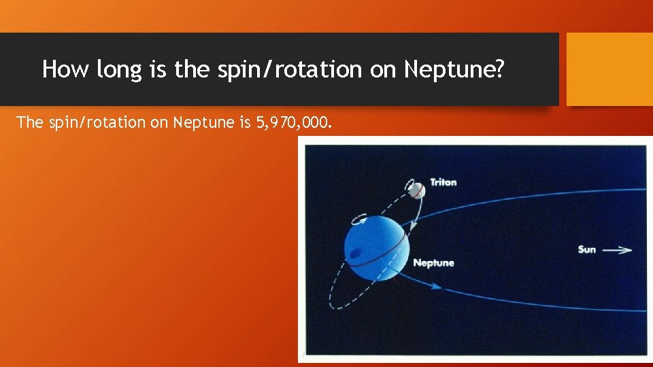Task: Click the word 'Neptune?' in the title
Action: (454, 69)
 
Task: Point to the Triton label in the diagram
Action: (443, 183)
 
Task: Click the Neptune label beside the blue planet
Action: (433, 263)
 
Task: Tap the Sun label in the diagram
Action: (587, 249)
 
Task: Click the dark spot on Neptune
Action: (355, 255)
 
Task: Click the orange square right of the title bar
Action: (609, 69)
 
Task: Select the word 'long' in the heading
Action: (118, 69)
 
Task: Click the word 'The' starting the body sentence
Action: (29, 122)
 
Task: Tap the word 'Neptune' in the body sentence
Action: (197, 122)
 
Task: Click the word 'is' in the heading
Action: (159, 69)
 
